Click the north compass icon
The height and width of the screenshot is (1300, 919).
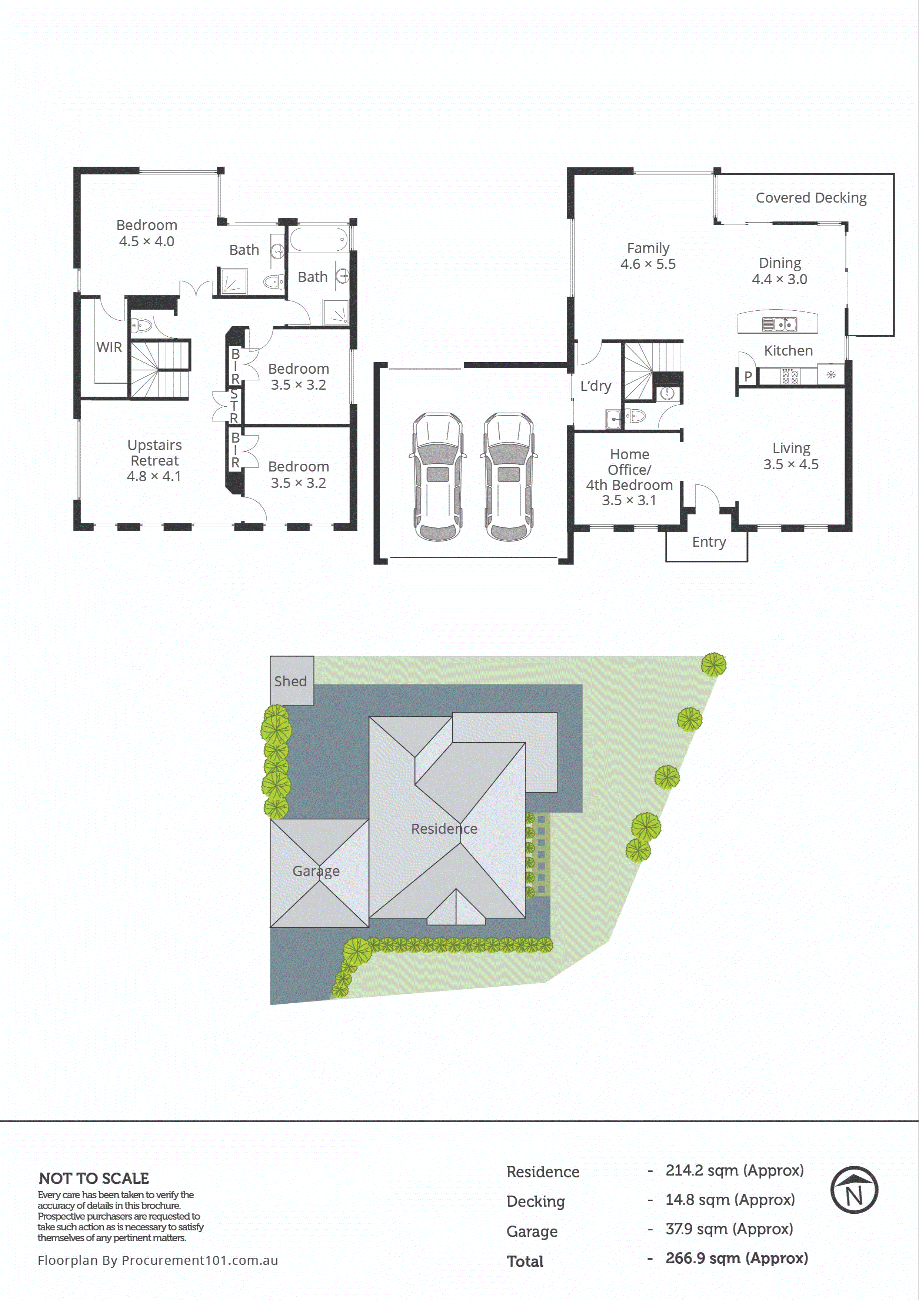point(854,1190)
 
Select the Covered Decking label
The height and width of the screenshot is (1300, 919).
point(811,198)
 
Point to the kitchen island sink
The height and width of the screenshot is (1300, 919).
point(779,324)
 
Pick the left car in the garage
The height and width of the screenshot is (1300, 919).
point(438,477)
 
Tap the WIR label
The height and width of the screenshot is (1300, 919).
point(109,347)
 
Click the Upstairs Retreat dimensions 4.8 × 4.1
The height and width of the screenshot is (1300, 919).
point(154,476)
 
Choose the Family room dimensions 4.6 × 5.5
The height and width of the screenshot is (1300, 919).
point(648,264)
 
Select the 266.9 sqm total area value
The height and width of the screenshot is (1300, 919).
point(736,1258)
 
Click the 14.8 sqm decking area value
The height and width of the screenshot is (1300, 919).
point(730,1199)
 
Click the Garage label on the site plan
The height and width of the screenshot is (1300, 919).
point(316,871)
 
